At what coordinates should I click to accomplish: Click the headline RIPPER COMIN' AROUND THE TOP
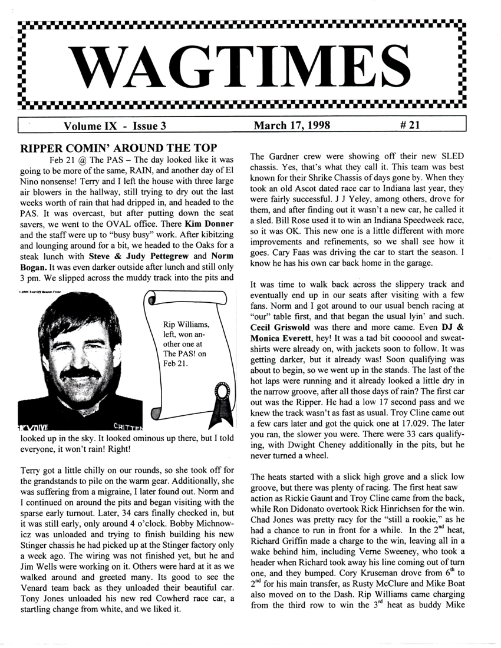tap(111, 147)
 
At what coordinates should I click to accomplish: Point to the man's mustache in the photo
tap(81, 373)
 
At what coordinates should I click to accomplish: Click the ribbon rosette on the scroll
tap(220, 392)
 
